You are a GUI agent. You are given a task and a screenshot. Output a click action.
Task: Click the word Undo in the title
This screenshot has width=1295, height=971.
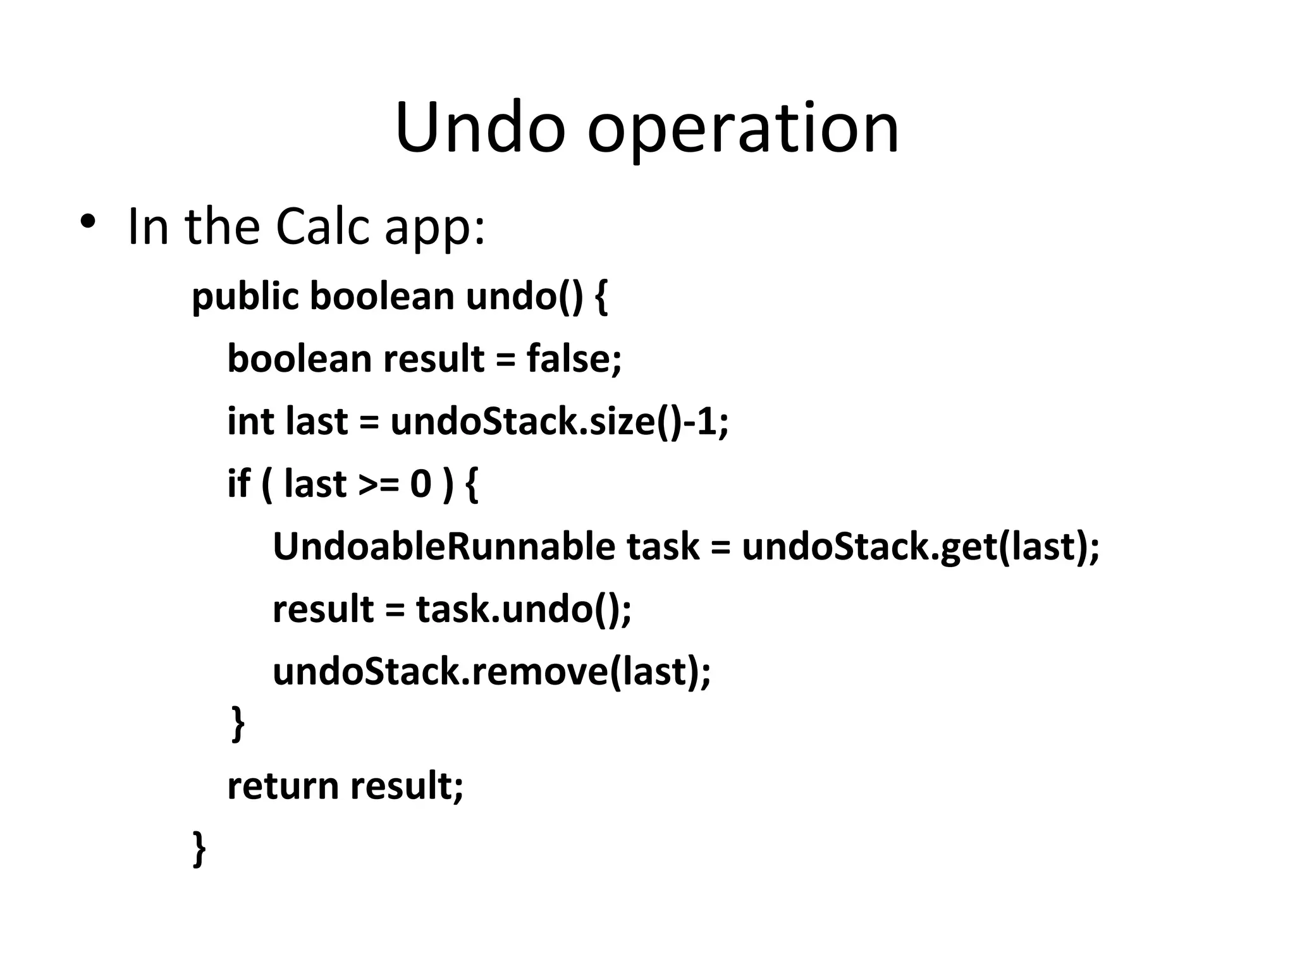point(480,128)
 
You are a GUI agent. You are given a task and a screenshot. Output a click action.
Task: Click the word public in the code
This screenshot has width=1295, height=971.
point(245,296)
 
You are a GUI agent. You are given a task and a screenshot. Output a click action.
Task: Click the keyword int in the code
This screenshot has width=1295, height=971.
point(250,421)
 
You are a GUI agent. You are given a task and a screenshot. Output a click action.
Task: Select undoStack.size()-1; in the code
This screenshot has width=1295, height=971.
point(560,421)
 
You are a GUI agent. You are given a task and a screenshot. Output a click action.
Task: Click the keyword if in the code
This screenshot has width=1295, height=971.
point(238,484)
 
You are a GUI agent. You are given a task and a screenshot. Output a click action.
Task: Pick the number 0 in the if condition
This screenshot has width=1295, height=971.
point(420,484)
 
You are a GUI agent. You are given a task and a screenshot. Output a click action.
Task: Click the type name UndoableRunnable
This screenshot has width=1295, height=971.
point(443,546)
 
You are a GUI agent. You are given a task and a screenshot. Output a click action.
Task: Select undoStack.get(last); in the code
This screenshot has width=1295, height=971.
point(921,547)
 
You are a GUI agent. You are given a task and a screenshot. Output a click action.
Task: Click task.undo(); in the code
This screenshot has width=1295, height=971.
point(524,609)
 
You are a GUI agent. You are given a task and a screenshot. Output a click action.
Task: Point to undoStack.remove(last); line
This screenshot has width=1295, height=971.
point(491,671)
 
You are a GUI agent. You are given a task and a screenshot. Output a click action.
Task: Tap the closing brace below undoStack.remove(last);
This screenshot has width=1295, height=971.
point(238,723)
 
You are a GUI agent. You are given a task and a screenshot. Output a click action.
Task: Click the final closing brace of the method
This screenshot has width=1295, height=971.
point(199,848)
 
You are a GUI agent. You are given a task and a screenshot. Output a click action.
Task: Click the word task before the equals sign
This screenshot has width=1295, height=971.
point(663,547)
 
